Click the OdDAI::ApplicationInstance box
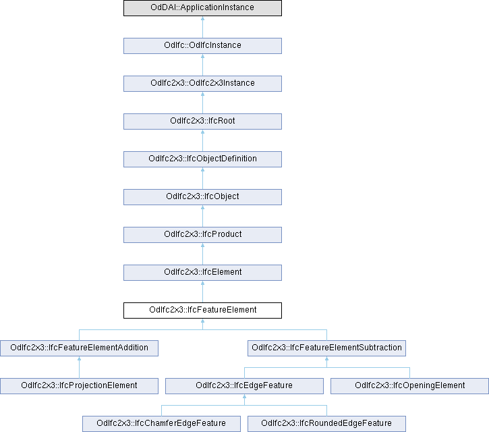(202, 8)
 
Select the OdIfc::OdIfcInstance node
(202, 46)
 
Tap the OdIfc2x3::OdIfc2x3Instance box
(202, 84)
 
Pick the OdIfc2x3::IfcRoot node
(202, 122)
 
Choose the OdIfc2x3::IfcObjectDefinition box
(202, 159)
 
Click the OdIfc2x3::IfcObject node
(202, 197)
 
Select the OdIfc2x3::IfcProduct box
(202, 235)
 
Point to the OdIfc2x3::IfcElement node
(202, 273)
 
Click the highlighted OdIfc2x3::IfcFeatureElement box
(202, 310)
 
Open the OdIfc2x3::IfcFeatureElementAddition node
(79, 348)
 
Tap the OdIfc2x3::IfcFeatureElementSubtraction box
(326, 348)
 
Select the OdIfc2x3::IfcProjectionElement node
(79, 386)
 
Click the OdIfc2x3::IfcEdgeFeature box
(244, 386)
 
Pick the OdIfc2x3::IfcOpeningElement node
(409, 386)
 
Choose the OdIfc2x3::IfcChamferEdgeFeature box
(162, 424)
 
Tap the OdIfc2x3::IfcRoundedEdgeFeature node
(327, 424)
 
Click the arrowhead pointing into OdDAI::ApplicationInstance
(202, 20)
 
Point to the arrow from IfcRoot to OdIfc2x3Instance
(202, 103)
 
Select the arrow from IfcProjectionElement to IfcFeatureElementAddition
(79, 367)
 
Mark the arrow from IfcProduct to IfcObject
(202, 216)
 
